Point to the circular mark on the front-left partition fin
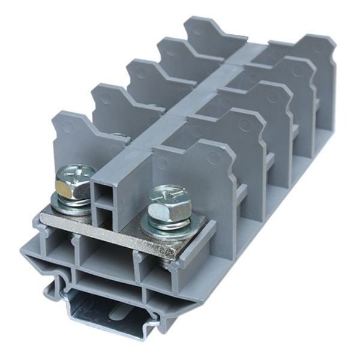68,127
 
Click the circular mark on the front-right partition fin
212,158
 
